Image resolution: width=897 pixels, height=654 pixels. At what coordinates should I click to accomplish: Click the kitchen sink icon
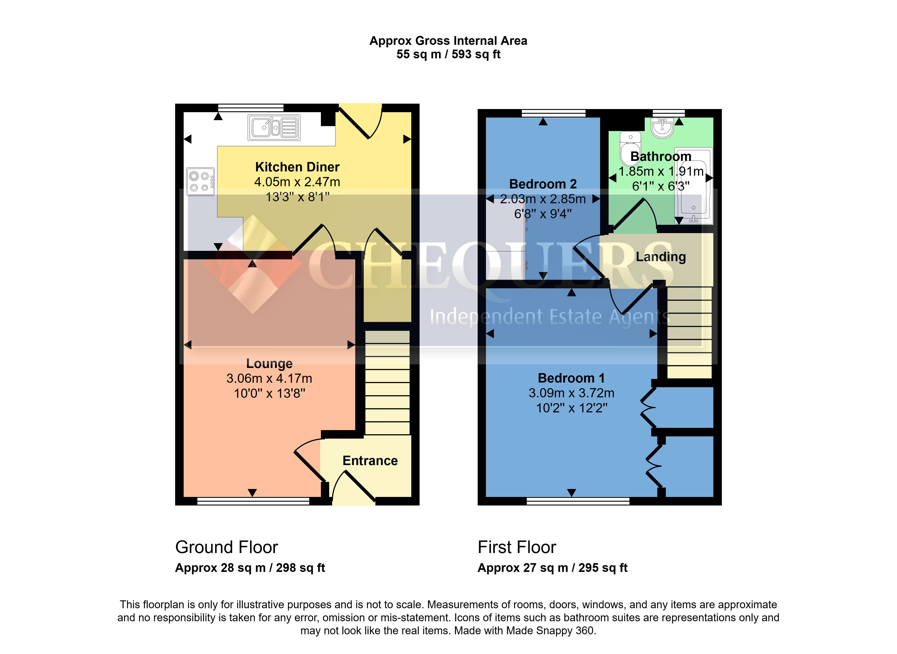tap(274, 127)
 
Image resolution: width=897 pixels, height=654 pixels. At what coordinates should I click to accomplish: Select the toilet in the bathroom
tap(630, 149)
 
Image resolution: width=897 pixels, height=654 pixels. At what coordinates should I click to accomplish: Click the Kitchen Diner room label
tap(297, 167)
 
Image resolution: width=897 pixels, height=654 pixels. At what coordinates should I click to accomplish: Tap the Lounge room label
tap(270, 363)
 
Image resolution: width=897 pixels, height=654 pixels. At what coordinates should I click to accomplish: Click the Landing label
tap(661, 257)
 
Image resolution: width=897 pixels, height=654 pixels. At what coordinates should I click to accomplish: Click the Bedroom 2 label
tap(543, 184)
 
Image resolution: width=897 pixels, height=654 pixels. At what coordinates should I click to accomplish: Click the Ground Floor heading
tap(227, 547)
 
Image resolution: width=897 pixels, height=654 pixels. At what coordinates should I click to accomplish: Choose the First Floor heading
tap(517, 547)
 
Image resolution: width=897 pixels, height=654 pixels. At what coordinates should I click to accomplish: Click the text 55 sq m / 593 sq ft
tap(448, 54)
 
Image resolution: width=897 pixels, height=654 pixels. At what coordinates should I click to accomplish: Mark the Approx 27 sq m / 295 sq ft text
tap(552, 568)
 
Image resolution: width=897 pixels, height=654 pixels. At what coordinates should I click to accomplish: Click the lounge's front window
tap(253, 501)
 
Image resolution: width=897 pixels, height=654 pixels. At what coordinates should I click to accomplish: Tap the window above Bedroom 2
tap(553, 113)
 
